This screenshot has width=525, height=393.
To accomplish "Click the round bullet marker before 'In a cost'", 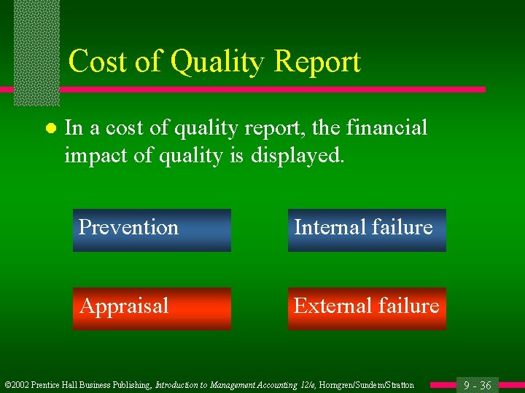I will click(x=50, y=129).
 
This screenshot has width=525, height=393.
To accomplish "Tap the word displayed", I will click(x=296, y=156).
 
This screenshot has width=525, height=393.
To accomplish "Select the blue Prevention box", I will click(x=152, y=230).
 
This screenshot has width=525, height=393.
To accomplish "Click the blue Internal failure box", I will click(x=367, y=230).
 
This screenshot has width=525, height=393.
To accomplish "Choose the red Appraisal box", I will click(x=152, y=309).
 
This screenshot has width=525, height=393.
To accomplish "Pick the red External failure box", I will click(x=367, y=309).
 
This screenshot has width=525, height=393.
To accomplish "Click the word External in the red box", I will click(x=328, y=306).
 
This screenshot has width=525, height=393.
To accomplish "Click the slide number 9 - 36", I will click(x=478, y=385).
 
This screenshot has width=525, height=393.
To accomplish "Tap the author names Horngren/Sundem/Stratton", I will click(x=367, y=385).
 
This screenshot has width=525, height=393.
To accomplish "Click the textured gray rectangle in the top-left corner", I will click(x=36, y=51).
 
